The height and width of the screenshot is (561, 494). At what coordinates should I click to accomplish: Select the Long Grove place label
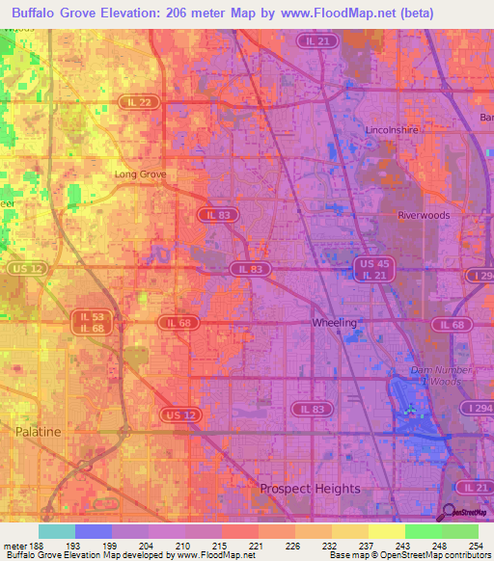point(141,174)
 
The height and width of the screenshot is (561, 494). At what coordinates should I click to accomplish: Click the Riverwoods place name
point(424,216)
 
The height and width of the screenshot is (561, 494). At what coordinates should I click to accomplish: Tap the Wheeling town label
point(335,323)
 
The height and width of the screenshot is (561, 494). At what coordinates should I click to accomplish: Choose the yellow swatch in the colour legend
point(386,531)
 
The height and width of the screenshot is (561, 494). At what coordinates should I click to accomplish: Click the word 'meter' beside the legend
point(14,545)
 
